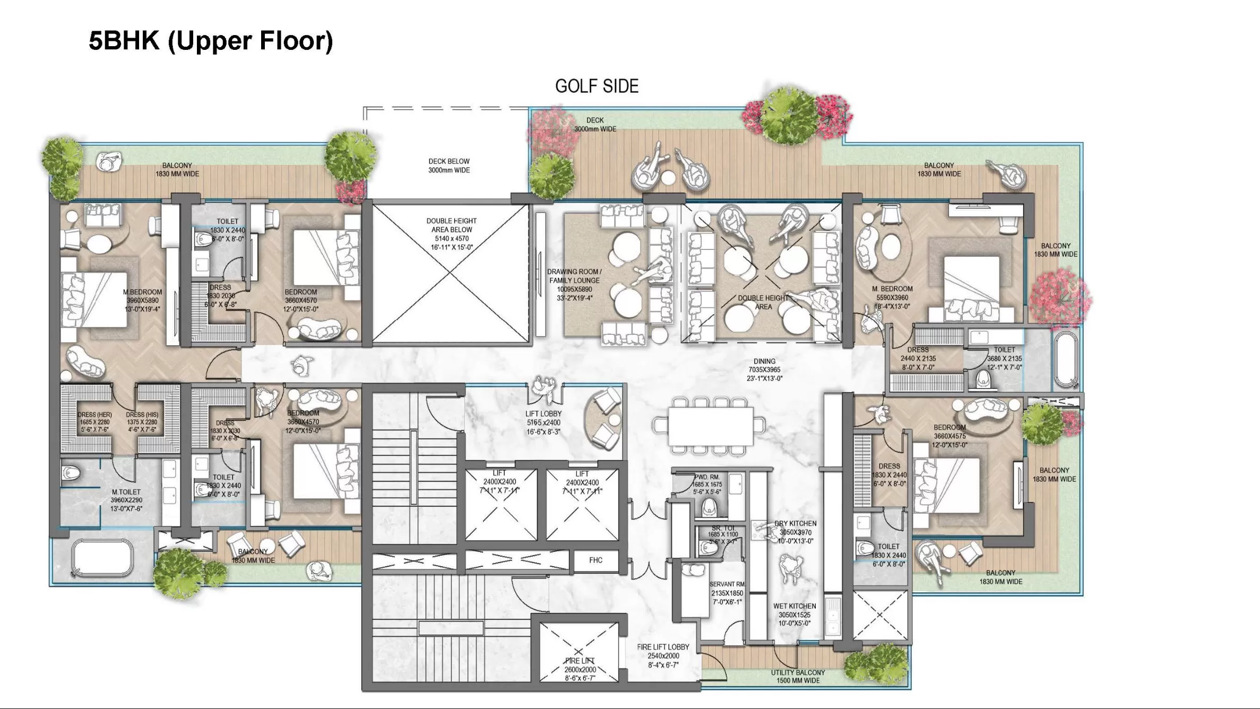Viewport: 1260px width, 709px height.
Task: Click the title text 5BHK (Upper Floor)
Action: click(211, 41)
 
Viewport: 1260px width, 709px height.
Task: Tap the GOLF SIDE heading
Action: click(597, 86)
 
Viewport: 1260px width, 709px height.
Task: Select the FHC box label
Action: click(596, 560)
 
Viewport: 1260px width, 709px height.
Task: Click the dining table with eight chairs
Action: click(710, 426)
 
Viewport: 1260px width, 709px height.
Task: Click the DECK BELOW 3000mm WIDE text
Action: click(449, 166)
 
